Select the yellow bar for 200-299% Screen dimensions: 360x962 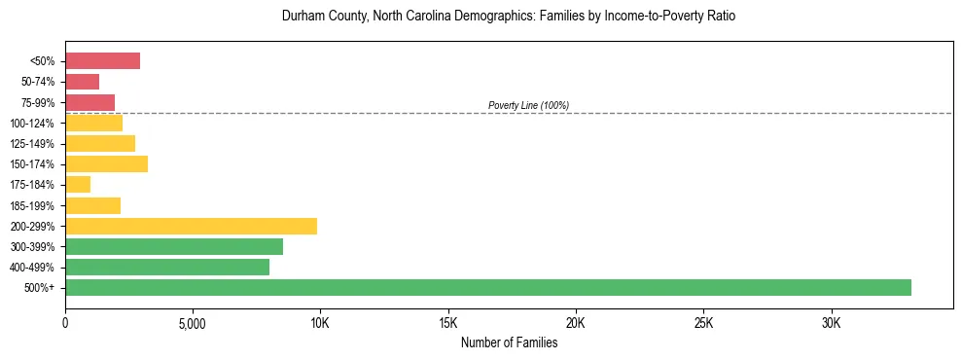(191, 226)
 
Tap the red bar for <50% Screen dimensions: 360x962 (102, 61)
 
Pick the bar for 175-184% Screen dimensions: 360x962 (78, 184)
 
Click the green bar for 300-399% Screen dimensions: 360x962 (174, 246)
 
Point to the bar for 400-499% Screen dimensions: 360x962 (167, 267)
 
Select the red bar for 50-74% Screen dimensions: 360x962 (82, 82)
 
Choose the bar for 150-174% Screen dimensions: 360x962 (106, 163)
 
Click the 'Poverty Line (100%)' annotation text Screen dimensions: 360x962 (528, 105)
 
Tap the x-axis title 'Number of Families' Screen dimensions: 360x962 (509, 342)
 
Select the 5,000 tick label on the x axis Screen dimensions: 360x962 (193, 323)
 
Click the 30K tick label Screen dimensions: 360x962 (831, 323)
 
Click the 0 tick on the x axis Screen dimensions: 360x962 (65, 323)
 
